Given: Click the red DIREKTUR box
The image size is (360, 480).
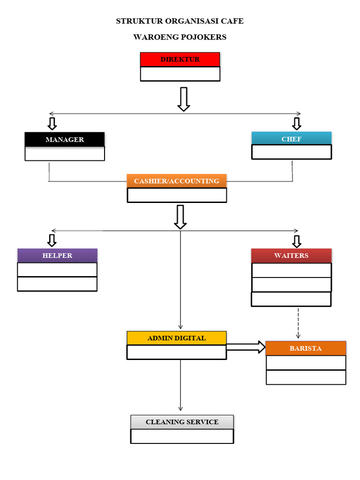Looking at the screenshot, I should [180, 60].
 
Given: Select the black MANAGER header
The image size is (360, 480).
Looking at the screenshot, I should [65, 140].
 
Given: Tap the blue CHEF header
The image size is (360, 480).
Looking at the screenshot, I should [292, 139].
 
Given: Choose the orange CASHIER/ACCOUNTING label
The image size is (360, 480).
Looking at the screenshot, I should [177, 181].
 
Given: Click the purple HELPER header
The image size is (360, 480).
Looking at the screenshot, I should [57, 255].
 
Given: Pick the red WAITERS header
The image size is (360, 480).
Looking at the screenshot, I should [291, 255].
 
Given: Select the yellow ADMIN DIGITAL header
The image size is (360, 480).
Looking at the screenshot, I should [177, 338].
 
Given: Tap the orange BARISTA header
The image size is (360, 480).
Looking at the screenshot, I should [306, 348].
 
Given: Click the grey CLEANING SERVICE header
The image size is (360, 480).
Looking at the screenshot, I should [182, 422].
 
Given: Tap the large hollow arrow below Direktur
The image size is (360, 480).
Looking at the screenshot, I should [184, 99].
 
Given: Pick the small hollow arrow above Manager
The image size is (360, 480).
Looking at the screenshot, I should [52, 123].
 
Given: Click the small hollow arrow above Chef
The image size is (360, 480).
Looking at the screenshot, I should [296, 123].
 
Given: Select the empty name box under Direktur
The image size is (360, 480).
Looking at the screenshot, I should [180, 74].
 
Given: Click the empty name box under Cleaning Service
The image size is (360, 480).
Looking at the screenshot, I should [182, 436].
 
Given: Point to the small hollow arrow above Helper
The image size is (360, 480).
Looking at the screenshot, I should [52, 240].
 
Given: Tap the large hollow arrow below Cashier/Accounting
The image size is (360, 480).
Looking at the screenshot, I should [180, 217].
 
